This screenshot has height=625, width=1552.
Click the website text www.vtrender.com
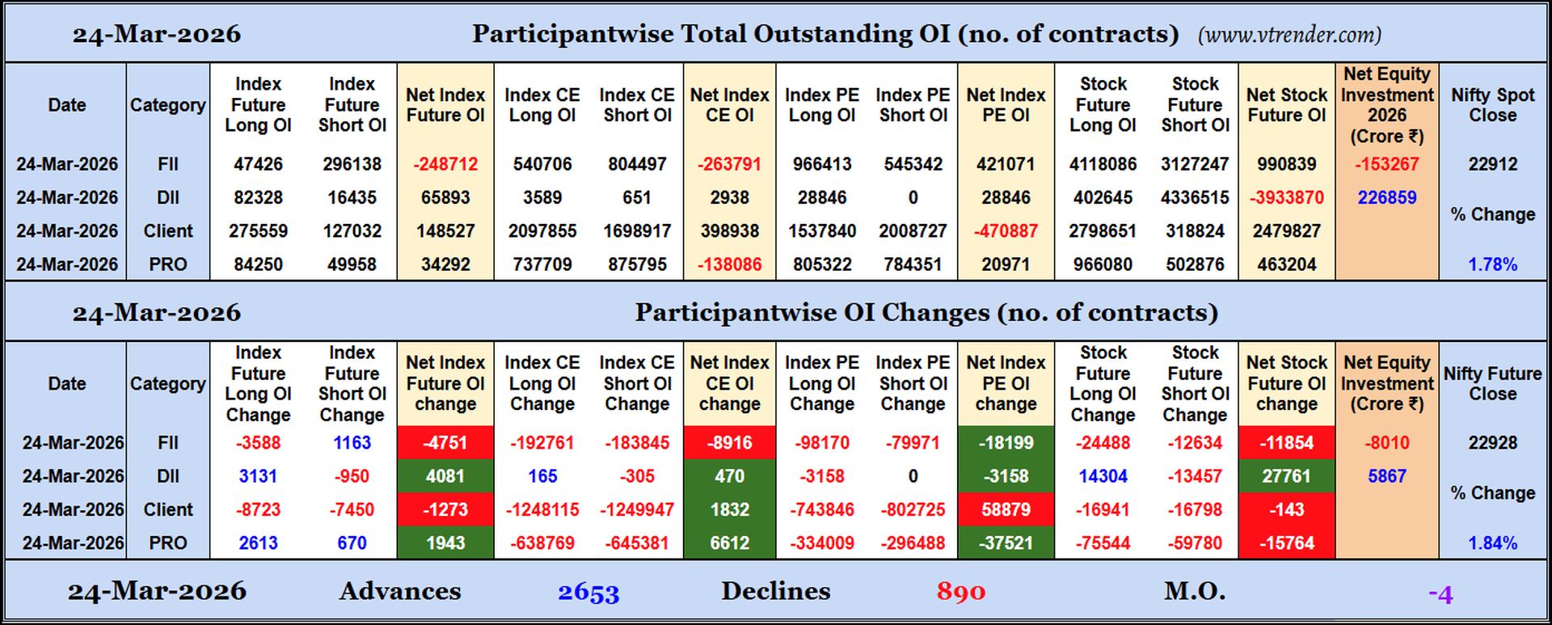pos(1289,35)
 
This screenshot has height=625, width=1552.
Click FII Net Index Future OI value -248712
pos(445,164)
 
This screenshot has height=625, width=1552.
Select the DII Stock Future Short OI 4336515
pos(1195,198)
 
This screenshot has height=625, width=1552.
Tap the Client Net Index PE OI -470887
pos(1006,231)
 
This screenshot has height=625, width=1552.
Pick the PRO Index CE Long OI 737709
pos(542,264)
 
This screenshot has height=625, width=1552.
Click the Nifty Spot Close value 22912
pos(1492,164)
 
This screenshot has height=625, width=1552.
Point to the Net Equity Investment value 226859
pos(1386,198)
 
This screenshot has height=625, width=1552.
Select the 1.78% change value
pos(1492,264)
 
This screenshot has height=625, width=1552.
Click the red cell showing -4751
pos(445,443)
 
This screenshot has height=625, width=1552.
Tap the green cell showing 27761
pos(1286,476)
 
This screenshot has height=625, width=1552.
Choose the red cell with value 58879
pos(1006,510)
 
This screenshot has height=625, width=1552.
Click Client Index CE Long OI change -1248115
pos(542,510)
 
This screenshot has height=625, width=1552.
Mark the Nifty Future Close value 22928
pos(1492,443)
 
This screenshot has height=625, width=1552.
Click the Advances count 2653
pos(588,593)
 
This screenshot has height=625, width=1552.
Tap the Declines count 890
pos(960,593)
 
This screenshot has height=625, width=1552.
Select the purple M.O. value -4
pos(1440,595)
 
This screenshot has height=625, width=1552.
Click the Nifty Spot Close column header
pos(1492,105)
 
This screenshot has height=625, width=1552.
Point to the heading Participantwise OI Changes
pos(926,313)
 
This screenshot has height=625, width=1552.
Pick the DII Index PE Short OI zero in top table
pos(913,198)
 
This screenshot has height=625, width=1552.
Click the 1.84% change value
pos(1492,543)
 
